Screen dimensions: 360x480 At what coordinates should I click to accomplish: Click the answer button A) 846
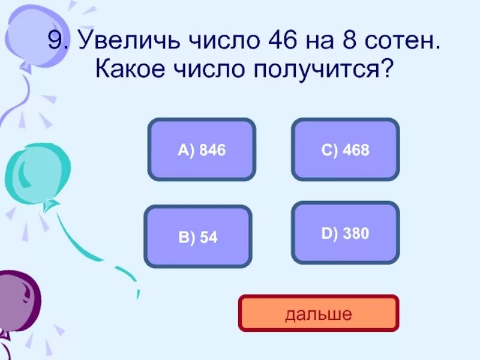202,149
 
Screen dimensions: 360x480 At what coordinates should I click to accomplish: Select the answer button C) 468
345,149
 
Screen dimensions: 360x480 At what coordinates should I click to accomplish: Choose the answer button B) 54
197,237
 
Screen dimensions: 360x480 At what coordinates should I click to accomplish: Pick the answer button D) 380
345,233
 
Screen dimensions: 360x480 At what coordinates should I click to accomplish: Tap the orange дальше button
318,313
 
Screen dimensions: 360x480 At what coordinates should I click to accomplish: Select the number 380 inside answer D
356,233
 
